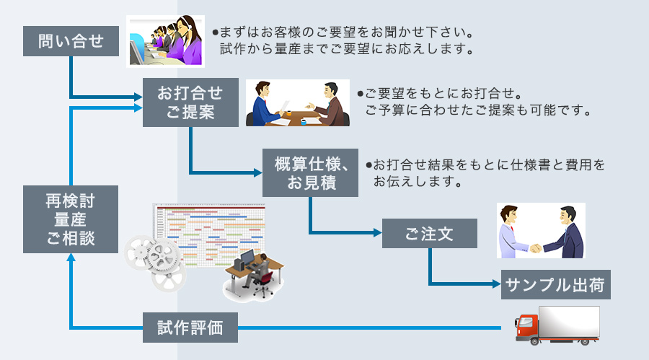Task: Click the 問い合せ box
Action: pos(70,42)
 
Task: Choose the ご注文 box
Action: pos(429,234)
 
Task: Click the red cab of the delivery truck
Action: pos(528,327)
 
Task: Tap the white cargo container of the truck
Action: pos(570,320)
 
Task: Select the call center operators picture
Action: pos(164,41)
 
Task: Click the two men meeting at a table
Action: pos(297,103)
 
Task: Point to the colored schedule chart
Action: pos(209,231)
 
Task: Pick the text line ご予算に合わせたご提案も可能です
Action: pos(478,111)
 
